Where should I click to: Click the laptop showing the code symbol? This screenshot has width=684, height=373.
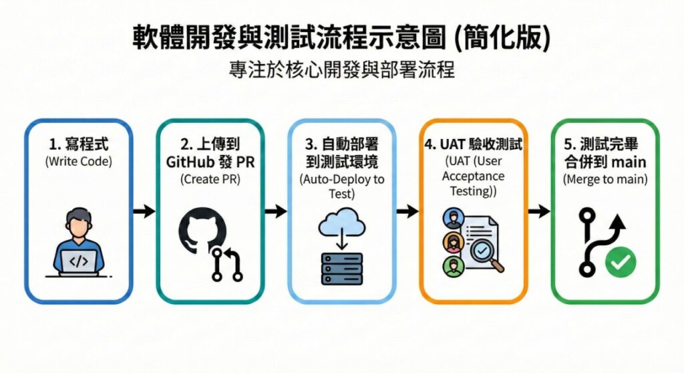pos(79,261)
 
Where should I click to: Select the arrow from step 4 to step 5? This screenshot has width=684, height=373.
pos(538,211)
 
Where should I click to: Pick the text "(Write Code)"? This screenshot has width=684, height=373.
pos(78,161)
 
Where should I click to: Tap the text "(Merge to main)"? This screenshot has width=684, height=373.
pos(605,179)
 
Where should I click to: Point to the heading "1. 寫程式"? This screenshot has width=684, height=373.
pos(78,144)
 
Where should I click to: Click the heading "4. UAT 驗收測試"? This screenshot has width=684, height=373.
pos(474,144)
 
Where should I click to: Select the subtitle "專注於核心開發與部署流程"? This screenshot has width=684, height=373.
pos(341,70)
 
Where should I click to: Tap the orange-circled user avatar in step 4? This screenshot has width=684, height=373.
pos(452,241)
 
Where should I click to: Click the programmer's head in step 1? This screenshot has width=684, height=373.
pos(79,224)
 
